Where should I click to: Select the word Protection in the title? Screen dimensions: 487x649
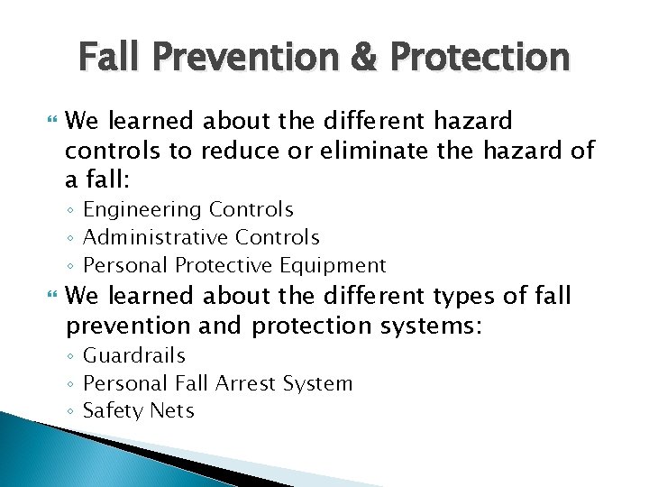480,58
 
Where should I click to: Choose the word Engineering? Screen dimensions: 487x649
142,210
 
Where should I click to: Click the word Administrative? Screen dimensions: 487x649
155,238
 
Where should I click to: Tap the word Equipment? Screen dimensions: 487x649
334,266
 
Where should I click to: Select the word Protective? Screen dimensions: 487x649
226,266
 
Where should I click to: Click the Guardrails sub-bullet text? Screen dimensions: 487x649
133,356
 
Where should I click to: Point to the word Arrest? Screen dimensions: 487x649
248,383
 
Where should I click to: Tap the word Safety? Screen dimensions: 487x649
113,411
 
